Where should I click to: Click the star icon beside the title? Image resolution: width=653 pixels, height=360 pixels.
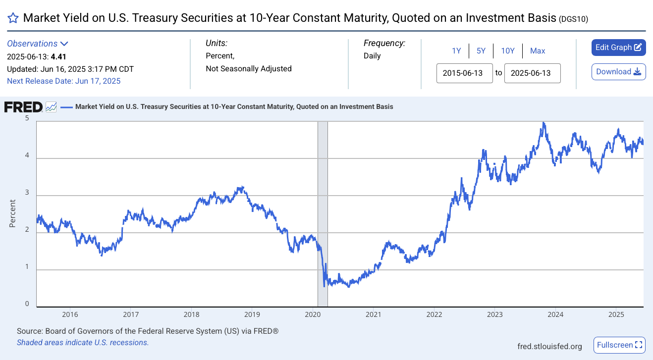tap(13, 18)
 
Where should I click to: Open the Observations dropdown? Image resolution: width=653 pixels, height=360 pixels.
tap(38, 44)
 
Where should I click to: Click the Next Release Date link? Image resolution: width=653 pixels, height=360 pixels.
tap(63, 81)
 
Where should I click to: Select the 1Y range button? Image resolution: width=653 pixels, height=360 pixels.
tap(456, 51)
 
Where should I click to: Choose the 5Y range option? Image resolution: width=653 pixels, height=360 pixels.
tap(481, 51)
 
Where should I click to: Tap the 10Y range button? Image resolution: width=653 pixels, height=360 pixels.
tap(507, 51)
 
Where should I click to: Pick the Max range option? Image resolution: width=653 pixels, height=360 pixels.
tap(537, 51)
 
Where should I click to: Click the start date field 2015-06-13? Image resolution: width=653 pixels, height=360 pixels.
tap(464, 73)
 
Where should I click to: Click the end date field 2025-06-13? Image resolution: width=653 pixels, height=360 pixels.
tap(532, 73)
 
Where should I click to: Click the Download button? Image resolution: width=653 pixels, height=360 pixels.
tap(618, 72)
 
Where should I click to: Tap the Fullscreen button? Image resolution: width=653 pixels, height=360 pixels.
tap(619, 345)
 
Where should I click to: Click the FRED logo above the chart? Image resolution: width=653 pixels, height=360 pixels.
tap(23, 107)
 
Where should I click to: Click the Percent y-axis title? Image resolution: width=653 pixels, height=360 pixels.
tap(12, 213)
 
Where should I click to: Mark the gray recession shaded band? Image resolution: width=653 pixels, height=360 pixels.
tap(323, 214)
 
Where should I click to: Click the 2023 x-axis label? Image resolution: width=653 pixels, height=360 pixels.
tap(495, 314)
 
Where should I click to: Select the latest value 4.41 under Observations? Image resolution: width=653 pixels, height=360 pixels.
tap(58, 56)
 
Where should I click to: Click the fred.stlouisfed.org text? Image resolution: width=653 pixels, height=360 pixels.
tap(549, 346)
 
